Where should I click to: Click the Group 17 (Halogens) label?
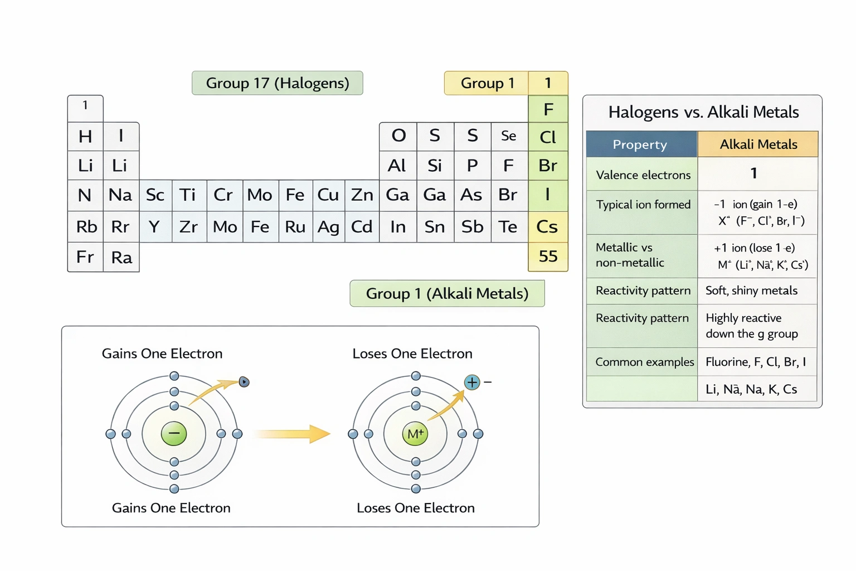coord(277,83)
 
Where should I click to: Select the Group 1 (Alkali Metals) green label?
coord(447,293)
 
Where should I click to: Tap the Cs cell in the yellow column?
coord(547,226)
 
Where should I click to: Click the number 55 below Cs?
coord(548,256)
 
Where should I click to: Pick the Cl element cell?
coord(548,137)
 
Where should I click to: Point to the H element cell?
coord(85,136)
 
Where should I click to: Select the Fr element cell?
coord(85,257)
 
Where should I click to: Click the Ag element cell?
coord(328,226)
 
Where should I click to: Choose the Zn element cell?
coord(362,195)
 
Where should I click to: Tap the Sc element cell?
coord(155,195)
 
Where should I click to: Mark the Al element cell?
coord(397,166)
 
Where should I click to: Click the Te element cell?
coord(508,226)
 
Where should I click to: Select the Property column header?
coord(640,144)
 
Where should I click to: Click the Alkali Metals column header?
coord(758,144)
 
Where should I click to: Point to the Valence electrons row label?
coord(643,175)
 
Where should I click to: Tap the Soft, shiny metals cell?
coord(751,291)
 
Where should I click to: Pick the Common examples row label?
coord(644,362)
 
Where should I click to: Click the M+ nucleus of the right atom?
coord(415,434)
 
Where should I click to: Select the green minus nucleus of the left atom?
coord(174,433)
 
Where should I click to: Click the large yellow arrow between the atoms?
coord(293,433)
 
